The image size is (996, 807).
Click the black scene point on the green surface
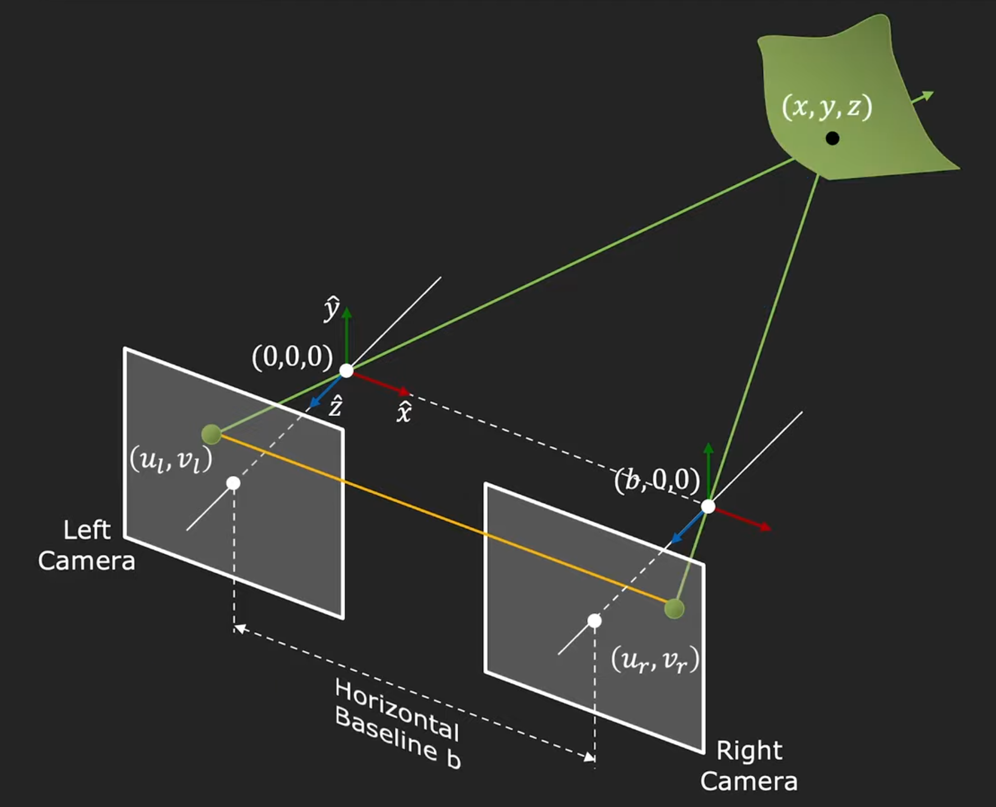click(832, 138)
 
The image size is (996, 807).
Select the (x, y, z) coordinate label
click(827, 106)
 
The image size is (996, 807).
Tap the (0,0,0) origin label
click(292, 356)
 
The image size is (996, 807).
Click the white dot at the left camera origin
click(347, 370)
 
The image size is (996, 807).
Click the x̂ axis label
click(404, 412)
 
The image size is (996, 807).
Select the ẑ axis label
click(336, 406)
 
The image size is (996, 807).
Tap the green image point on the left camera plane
click(211, 434)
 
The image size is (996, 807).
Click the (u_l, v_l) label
click(171, 461)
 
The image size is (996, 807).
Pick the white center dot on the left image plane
click(234, 483)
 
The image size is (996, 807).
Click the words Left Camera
click(87, 545)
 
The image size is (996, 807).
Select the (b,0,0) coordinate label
click(657, 480)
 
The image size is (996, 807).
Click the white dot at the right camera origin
click(708, 507)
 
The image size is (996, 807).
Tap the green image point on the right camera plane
click(674, 609)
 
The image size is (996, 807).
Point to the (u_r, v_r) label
click(655, 660)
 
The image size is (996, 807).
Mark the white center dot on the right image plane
click(594, 621)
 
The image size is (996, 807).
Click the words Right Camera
click(749, 766)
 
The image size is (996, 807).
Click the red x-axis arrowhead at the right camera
click(766, 527)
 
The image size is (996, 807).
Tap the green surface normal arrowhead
click(929, 95)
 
